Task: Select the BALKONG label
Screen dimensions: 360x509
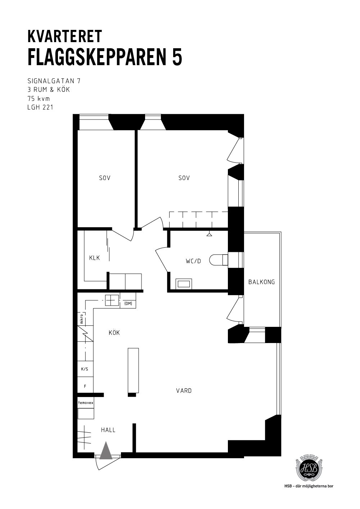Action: [x=262, y=282]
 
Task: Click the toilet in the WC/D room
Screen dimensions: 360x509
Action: [x=219, y=260]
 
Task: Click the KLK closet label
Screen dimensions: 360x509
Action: [x=94, y=258]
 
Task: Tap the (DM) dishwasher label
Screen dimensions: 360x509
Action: [x=128, y=303]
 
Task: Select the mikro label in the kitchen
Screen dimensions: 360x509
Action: [x=82, y=318]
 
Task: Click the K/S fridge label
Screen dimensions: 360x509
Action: [x=85, y=369]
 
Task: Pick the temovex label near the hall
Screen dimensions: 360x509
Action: [x=86, y=403]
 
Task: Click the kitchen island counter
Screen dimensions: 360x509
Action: [x=133, y=370]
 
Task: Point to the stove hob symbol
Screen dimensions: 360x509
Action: [x=112, y=301]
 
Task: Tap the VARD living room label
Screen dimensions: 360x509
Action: [x=184, y=391]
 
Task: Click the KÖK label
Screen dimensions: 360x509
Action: [x=114, y=333]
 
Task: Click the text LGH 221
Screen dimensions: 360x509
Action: [x=40, y=108]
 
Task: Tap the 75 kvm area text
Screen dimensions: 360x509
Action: [x=39, y=99]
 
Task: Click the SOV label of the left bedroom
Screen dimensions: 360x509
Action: [x=105, y=178]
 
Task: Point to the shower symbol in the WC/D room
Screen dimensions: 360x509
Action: [x=209, y=234]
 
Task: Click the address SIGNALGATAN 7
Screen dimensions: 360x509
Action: [x=54, y=81]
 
